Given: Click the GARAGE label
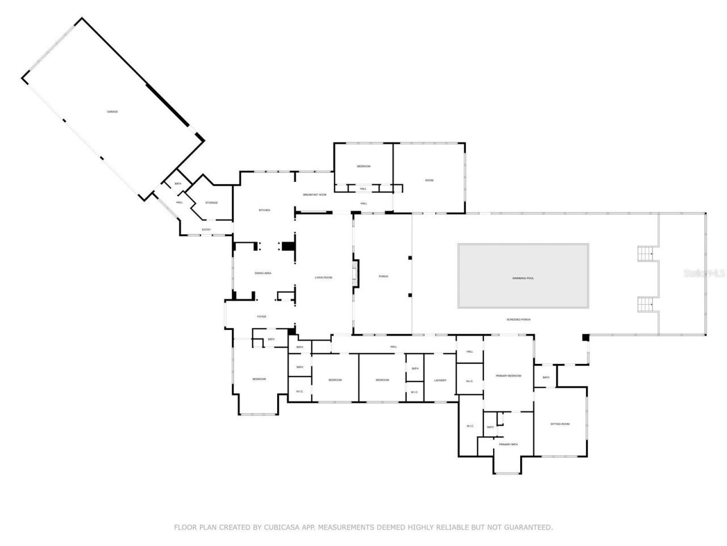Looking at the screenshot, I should (x=112, y=111).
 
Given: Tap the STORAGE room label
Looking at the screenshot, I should (x=211, y=202).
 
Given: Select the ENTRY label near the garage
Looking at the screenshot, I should (x=206, y=230).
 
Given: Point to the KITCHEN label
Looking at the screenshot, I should (x=264, y=210).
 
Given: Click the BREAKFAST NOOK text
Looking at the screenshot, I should (x=315, y=195).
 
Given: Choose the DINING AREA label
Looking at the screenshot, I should (x=263, y=273).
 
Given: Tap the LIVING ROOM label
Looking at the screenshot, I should (x=324, y=278).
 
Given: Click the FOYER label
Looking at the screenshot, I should (x=262, y=317).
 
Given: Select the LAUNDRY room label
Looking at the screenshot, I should (x=440, y=380).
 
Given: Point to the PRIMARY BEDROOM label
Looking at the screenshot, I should (x=508, y=376).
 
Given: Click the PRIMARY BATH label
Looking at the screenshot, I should (x=508, y=444).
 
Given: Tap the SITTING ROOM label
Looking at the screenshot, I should (x=560, y=424).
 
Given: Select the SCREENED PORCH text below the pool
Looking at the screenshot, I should (x=519, y=320).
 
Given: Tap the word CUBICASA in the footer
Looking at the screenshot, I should (x=282, y=528).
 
